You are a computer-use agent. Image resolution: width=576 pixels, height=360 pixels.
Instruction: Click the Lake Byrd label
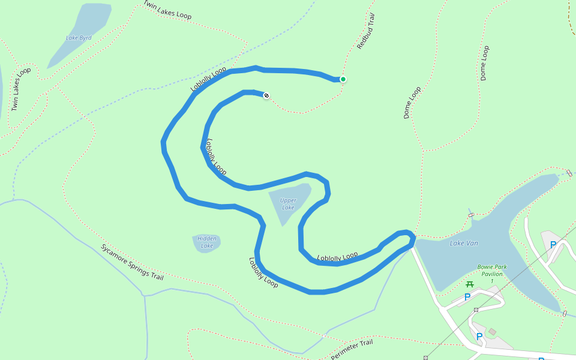pyautogui.click(x=79, y=38)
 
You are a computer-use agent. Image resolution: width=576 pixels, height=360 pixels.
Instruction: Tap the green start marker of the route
pyautogui.click(x=343, y=79)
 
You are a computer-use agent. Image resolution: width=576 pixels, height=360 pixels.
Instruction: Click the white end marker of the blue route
pyautogui.click(x=266, y=95)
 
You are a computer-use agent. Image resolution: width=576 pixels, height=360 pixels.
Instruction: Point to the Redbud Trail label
pyautogui.click(x=366, y=31)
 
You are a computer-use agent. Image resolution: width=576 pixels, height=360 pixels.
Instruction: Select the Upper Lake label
pyautogui.click(x=288, y=204)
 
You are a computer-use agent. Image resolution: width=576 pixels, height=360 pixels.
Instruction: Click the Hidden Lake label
pyautogui.click(x=207, y=242)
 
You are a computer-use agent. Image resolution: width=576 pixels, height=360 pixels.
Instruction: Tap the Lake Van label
pyautogui.click(x=464, y=243)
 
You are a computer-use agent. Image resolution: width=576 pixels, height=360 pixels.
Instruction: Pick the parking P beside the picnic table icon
pyautogui.click(x=467, y=297)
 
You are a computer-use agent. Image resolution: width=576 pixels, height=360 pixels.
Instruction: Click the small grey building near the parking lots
pyautogui.click(x=493, y=332)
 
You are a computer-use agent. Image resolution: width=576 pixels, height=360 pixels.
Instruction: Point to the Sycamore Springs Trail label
pyautogui.click(x=132, y=262)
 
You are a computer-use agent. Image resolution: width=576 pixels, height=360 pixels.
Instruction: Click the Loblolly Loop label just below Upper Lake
pyautogui.click(x=337, y=257)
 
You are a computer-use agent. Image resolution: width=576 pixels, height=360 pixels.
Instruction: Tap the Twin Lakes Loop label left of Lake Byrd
pyautogui.click(x=21, y=89)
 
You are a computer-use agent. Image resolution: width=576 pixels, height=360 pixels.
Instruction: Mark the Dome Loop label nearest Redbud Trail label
pyautogui.click(x=412, y=103)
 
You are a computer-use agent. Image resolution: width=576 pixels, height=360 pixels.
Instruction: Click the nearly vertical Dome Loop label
pyautogui.click(x=484, y=63)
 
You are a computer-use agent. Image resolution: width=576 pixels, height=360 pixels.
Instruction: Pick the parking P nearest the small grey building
pyautogui.click(x=479, y=336)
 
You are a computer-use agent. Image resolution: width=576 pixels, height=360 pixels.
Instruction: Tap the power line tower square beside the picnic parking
pyautogui.click(x=476, y=310)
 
